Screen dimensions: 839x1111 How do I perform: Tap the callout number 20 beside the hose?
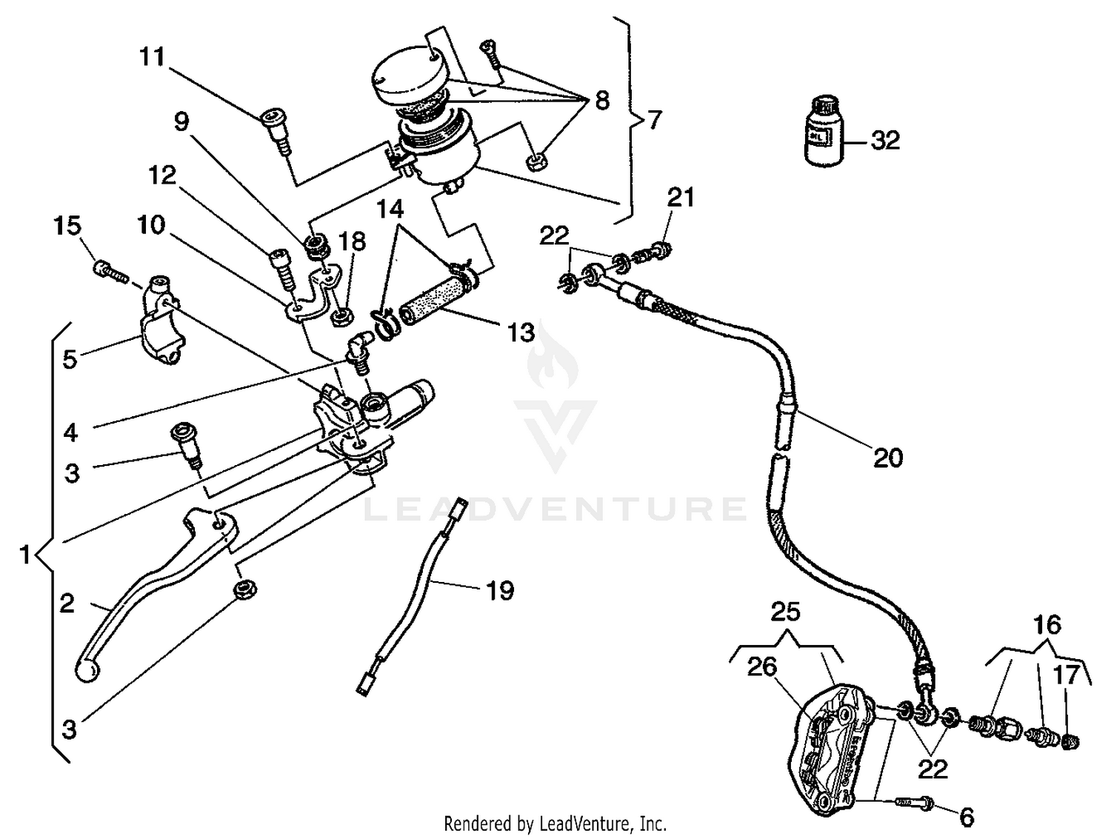click(x=888, y=458)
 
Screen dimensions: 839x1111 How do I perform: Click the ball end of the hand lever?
click(x=87, y=671)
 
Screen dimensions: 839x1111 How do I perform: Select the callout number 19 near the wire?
click(x=500, y=590)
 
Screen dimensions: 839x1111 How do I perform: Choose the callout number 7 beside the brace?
click(x=654, y=119)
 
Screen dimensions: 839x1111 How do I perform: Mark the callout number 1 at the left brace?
click(x=24, y=554)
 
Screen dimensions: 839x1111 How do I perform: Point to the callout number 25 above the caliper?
click(x=785, y=612)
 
